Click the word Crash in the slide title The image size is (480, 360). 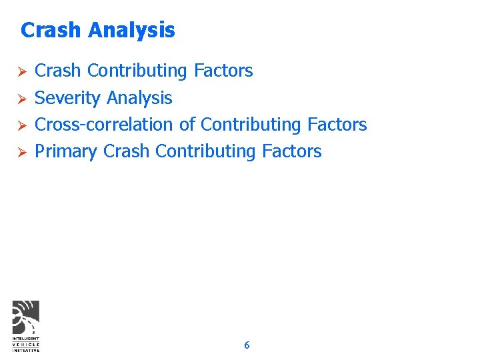click(x=51, y=30)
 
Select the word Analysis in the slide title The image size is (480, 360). click(x=131, y=31)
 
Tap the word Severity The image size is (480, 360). click(x=67, y=99)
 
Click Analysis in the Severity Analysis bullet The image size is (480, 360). click(x=139, y=99)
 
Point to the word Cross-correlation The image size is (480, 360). click(x=105, y=125)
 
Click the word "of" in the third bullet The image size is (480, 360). click(x=187, y=125)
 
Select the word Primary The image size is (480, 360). click(x=66, y=152)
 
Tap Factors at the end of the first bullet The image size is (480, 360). click(x=223, y=71)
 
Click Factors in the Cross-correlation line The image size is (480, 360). click(x=337, y=125)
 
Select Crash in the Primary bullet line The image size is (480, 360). click(x=127, y=151)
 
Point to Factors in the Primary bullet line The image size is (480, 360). click(x=292, y=151)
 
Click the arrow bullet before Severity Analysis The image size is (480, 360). click(x=21, y=99)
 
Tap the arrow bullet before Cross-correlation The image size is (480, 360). click(x=21, y=125)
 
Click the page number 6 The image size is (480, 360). click(x=247, y=345)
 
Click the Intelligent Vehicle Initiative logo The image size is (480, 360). click(x=26, y=326)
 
